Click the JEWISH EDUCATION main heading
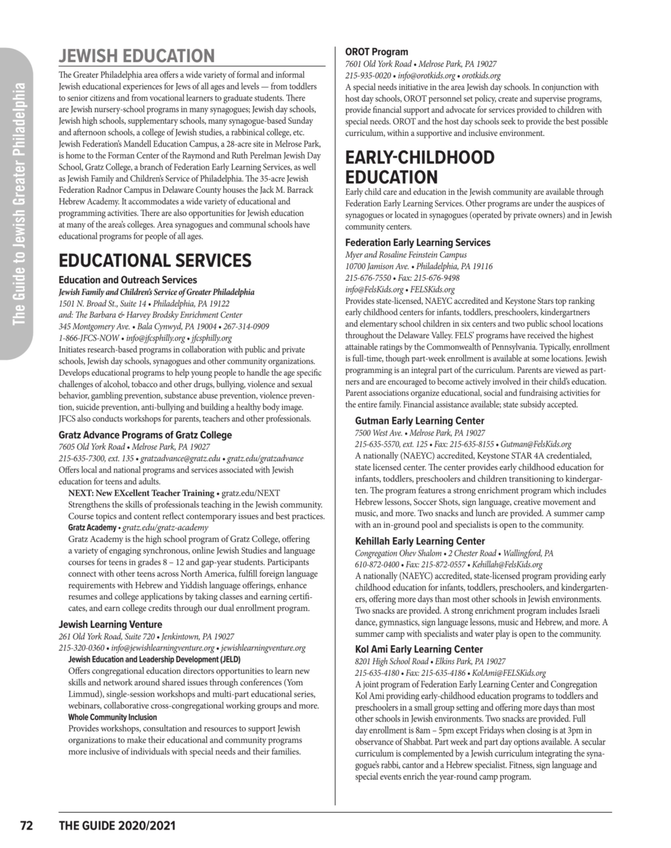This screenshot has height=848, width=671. (137, 56)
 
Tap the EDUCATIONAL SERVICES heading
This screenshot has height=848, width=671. (155, 261)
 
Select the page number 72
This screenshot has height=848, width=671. (26, 826)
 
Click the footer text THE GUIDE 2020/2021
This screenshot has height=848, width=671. (117, 826)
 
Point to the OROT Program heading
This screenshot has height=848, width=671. (376, 52)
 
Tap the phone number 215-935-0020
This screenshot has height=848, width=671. (368, 75)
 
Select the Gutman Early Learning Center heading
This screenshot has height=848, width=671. (420, 421)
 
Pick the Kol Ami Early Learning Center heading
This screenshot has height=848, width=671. (419, 649)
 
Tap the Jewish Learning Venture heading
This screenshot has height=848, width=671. (111, 624)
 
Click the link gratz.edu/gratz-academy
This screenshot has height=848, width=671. (165, 527)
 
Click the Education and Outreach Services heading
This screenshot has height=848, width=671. (128, 280)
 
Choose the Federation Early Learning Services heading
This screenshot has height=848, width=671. (418, 243)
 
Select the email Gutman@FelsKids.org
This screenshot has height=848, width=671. (536, 444)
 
